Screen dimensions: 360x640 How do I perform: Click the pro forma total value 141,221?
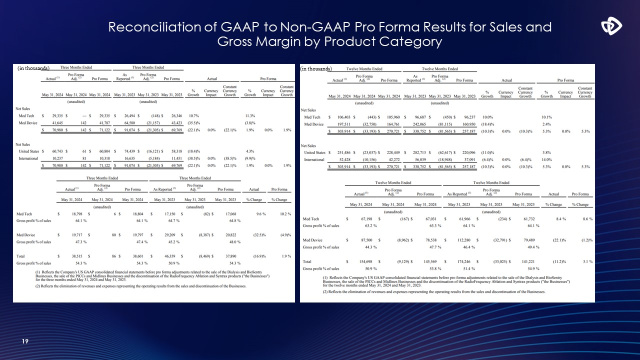(x=522, y=261)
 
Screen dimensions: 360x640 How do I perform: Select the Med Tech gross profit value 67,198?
(x=365, y=219)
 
